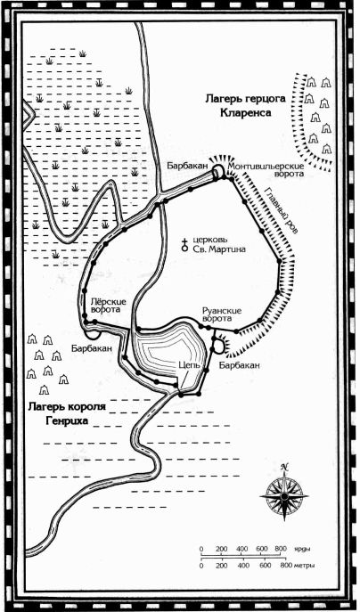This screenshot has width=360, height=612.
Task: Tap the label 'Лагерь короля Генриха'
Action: click(x=67, y=414)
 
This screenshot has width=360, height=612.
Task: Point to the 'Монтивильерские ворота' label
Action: click(x=266, y=170)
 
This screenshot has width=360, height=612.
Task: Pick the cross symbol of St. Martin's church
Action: click(x=184, y=244)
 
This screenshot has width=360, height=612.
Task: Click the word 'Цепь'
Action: click(x=189, y=365)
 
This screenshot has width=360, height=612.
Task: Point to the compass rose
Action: click(x=284, y=496)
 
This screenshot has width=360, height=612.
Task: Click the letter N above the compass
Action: click(x=284, y=467)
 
